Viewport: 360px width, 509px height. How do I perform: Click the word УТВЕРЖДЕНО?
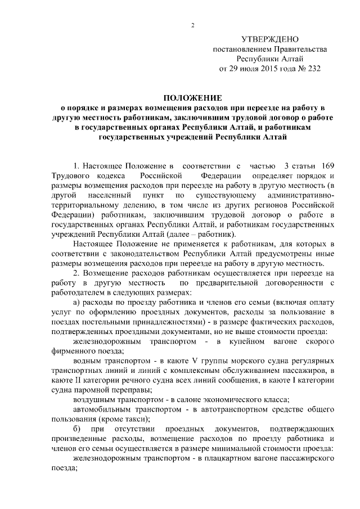269,40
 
